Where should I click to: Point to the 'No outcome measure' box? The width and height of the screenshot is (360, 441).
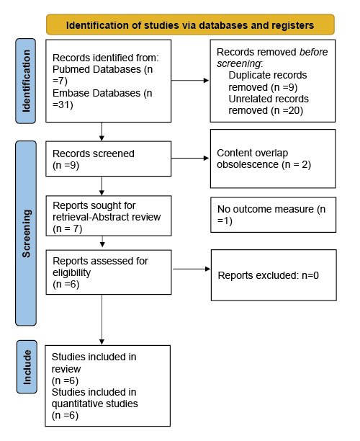point(273,214)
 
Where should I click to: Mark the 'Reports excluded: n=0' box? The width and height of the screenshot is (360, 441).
point(273,275)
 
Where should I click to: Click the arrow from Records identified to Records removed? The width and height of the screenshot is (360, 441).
point(190,81)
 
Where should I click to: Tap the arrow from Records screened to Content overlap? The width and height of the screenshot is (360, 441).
point(190,159)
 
